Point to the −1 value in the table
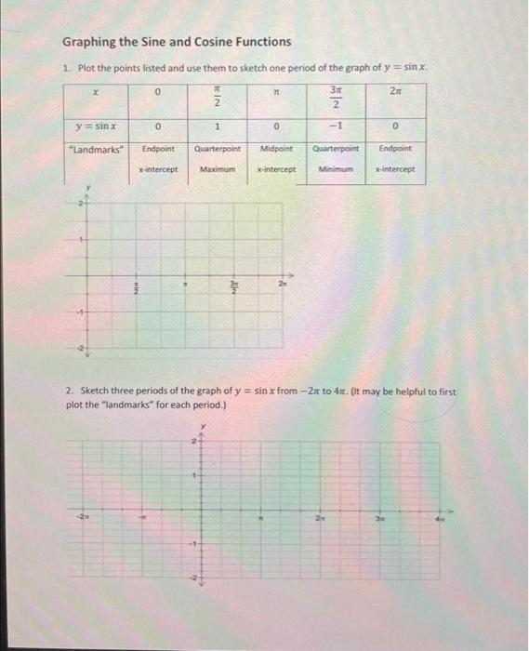click(336, 126)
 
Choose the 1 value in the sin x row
click(217, 126)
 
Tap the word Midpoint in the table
click(277, 149)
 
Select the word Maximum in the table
click(217, 169)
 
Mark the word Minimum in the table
click(336, 169)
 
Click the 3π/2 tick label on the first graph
click(234, 288)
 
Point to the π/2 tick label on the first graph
click(134, 289)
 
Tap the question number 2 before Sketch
click(69, 392)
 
